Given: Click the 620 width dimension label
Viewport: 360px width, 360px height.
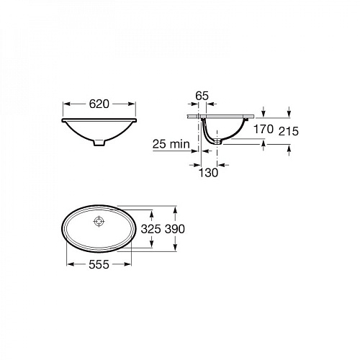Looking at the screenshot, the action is tap(99, 104).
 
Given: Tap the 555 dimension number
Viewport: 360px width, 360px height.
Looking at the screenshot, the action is tap(99, 264).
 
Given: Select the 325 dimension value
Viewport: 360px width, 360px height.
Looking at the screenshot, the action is tap(150, 229).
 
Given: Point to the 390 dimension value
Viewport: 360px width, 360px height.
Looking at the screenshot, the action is tap(175, 229).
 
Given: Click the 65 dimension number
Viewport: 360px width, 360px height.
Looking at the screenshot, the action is tap(202, 96).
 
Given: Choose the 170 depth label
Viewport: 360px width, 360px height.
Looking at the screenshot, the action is tap(264, 130).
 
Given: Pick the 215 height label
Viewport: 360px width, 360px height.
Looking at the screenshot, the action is tap(289, 131).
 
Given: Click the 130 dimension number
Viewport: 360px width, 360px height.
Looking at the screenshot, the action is tap(208, 173).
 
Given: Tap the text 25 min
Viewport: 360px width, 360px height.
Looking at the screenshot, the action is tap(171, 144).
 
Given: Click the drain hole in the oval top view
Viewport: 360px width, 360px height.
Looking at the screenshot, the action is tap(99, 221).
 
